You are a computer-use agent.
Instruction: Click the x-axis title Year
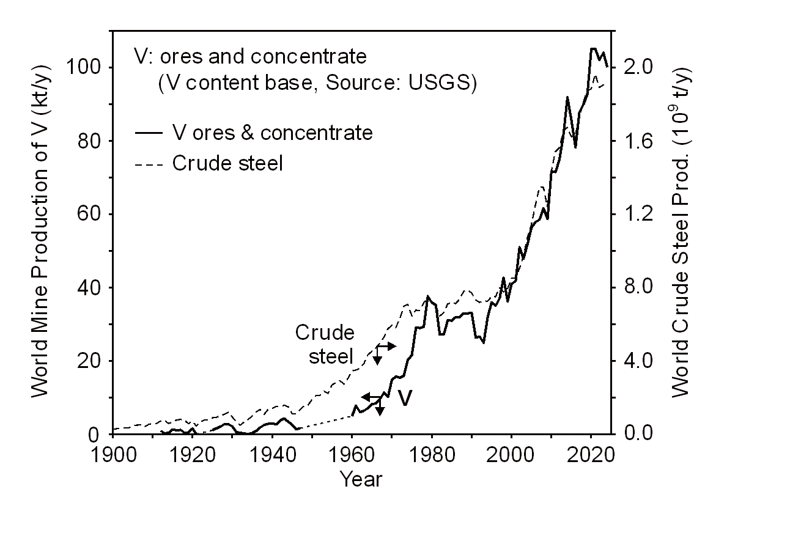point(361,479)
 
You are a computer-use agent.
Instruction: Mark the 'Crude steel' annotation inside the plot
point(324,345)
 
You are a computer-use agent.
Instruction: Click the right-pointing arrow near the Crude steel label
point(390,346)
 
